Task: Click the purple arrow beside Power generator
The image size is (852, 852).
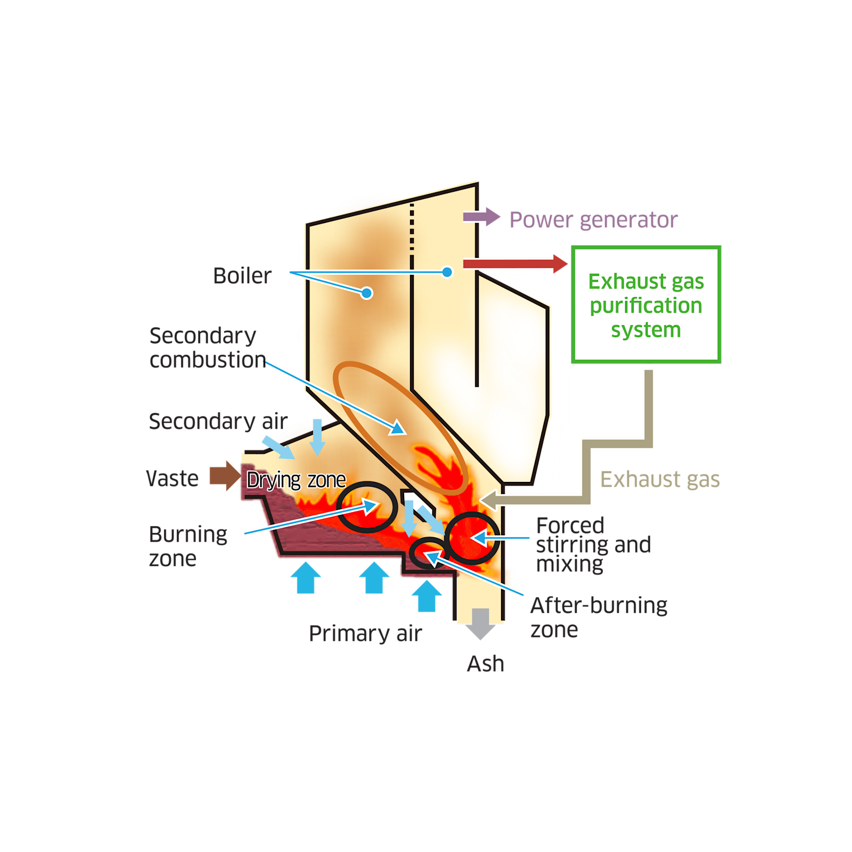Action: pyautogui.click(x=481, y=217)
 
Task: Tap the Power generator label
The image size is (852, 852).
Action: pyautogui.click(x=593, y=220)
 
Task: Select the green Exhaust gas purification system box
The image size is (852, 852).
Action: pyautogui.click(x=646, y=305)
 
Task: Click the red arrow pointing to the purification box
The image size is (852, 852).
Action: pyautogui.click(x=514, y=264)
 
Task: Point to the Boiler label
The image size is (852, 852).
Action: pyautogui.click(x=242, y=276)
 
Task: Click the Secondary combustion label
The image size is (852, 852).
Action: pyautogui.click(x=207, y=348)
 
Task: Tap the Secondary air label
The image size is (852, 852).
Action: pyautogui.click(x=218, y=421)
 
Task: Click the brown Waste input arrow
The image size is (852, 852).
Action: pyautogui.click(x=224, y=476)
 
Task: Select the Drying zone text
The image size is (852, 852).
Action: pyautogui.click(x=296, y=480)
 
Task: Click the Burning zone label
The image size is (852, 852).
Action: pyautogui.click(x=188, y=546)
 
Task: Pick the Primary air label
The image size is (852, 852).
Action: pyautogui.click(x=365, y=634)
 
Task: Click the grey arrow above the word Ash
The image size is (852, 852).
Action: pyautogui.click(x=480, y=623)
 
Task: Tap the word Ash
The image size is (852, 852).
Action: pyautogui.click(x=485, y=664)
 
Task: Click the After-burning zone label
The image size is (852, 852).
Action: pyautogui.click(x=598, y=617)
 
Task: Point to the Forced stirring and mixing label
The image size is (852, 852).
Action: pyautogui.click(x=593, y=545)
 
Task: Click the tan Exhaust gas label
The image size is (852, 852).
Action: pyautogui.click(x=660, y=480)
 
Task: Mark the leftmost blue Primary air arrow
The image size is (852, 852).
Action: pyautogui.click(x=306, y=578)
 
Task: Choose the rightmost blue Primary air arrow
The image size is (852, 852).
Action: pyautogui.click(x=427, y=596)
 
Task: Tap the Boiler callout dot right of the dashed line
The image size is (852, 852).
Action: pyautogui.click(x=447, y=272)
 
